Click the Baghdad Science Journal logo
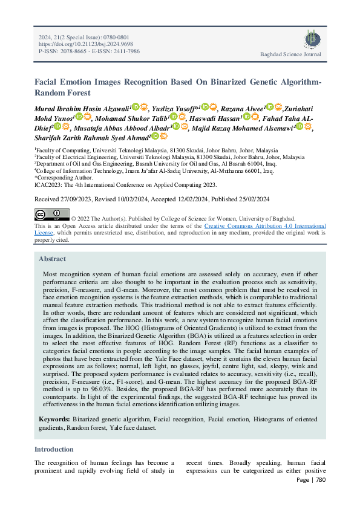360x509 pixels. click(309, 39)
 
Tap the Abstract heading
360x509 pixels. click(53, 259)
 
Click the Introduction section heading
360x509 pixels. click(54, 449)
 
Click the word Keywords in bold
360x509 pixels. click(54, 418)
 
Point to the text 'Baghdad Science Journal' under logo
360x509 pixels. click(290, 54)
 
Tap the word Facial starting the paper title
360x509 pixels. click(47, 82)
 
